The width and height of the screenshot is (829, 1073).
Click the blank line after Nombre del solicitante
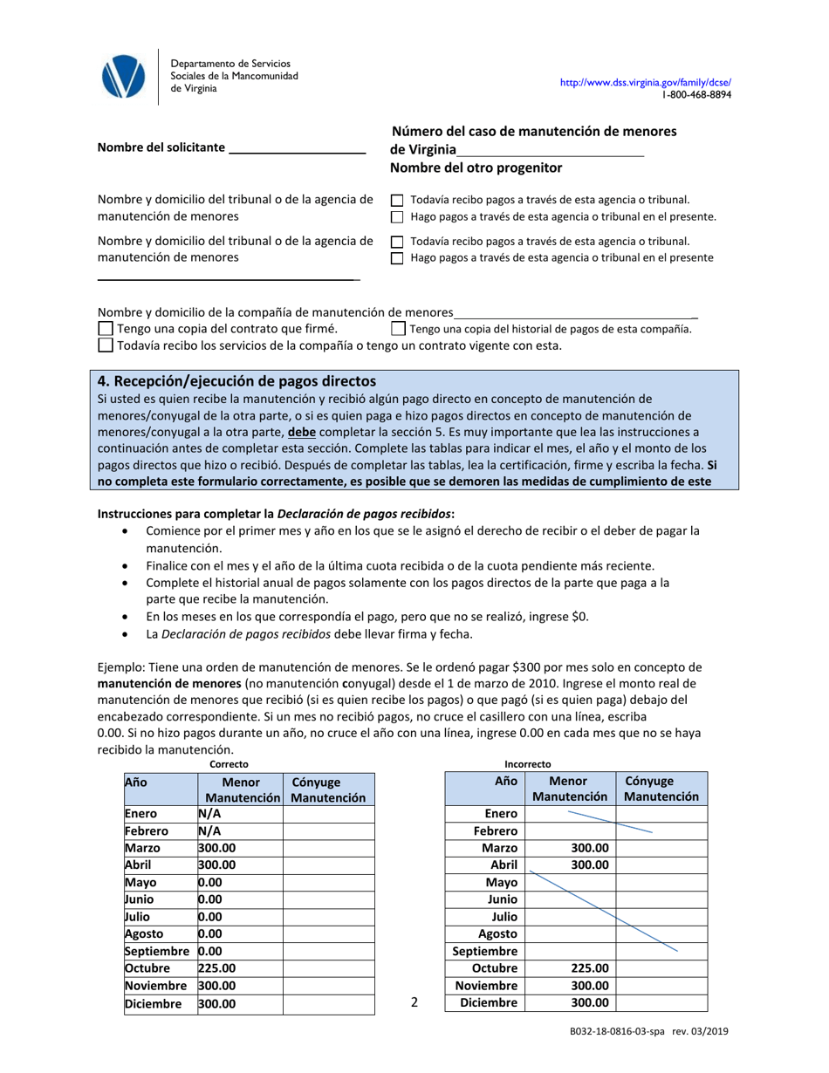click(296, 148)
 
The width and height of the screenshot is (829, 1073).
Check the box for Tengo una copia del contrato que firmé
click(106, 329)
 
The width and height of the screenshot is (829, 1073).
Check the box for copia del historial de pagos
click(398, 329)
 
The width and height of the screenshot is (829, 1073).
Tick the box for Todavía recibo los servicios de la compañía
click(106, 345)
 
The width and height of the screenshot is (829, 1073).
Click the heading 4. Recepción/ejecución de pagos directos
click(236, 381)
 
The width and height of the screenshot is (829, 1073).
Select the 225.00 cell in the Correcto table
click(240, 968)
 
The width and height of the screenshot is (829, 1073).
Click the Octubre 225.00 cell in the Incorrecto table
click(571, 968)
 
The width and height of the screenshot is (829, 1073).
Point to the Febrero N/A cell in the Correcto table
click(240, 831)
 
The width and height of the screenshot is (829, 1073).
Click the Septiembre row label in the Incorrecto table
click(485, 951)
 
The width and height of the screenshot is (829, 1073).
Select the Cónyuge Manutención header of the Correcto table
click(327, 789)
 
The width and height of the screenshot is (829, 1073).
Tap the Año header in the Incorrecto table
click(506, 783)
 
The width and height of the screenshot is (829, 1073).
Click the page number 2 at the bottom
click(414, 1003)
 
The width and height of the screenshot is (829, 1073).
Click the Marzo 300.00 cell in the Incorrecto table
click(571, 848)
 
